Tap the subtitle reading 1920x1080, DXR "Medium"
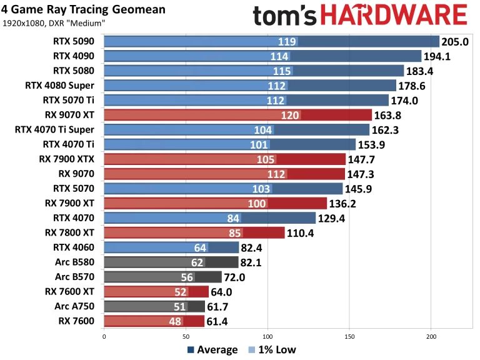[54, 24]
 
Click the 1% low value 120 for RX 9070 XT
[290, 115]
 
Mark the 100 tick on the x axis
[267, 336]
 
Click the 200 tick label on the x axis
[431, 336]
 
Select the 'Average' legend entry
[212, 349]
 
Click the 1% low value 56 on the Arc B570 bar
[185, 277]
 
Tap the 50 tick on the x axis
[186, 336]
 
